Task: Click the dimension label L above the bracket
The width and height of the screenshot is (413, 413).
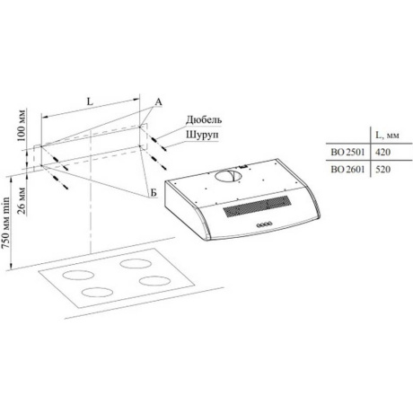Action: (x=90, y=101)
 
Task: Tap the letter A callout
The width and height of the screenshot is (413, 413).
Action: (x=158, y=102)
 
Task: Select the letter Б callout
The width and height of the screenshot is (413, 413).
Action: (x=154, y=192)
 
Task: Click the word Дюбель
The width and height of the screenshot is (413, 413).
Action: (x=204, y=119)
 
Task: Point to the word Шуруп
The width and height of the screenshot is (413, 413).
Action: (x=202, y=135)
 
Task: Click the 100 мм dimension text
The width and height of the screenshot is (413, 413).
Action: (x=21, y=125)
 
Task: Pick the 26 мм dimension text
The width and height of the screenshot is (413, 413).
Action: (x=21, y=200)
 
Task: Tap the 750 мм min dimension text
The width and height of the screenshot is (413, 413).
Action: (x=5, y=223)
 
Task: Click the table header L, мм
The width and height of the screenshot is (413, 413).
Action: (x=387, y=136)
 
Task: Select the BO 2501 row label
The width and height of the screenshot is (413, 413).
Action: (x=347, y=152)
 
